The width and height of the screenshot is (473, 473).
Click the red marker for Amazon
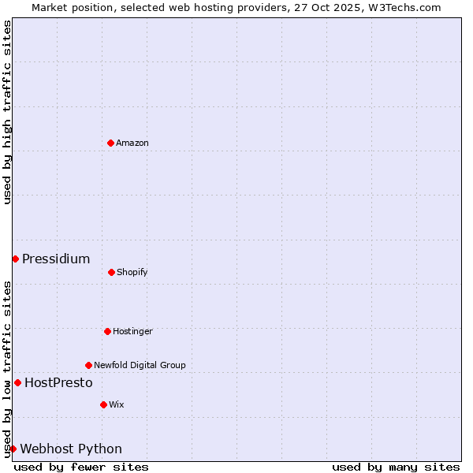(x=110, y=143)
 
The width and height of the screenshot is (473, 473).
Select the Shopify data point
(x=111, y=272)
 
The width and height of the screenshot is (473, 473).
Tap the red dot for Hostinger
(x=107, y=331)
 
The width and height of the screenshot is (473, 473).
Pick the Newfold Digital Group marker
(x=88, y=365)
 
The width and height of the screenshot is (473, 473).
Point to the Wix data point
(x=103, y=404)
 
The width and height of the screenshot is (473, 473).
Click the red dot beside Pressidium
(x=15, y=259)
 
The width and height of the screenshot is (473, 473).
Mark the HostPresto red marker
(x=17, y=382)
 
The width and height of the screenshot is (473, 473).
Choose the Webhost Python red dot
(x=13, y=449)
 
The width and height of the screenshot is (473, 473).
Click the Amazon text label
(x=132, y=143)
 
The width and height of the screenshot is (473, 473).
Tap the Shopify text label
(x=132, y=272)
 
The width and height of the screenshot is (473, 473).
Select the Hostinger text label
(x=132, y=331)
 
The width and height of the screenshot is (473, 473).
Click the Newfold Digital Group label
(x=140, y=365)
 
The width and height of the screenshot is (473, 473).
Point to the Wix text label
(x=117, y=404)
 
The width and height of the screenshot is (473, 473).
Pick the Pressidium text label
(x=56, y=259)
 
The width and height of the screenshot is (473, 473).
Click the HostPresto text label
(x=58, y=382)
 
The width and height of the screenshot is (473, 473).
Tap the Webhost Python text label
(x=71, y=449)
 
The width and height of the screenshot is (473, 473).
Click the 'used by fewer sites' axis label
(x=81, y=467)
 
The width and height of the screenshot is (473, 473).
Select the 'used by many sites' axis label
(x=396, y=467)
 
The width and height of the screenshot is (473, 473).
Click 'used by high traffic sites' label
(x=7, y=112)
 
